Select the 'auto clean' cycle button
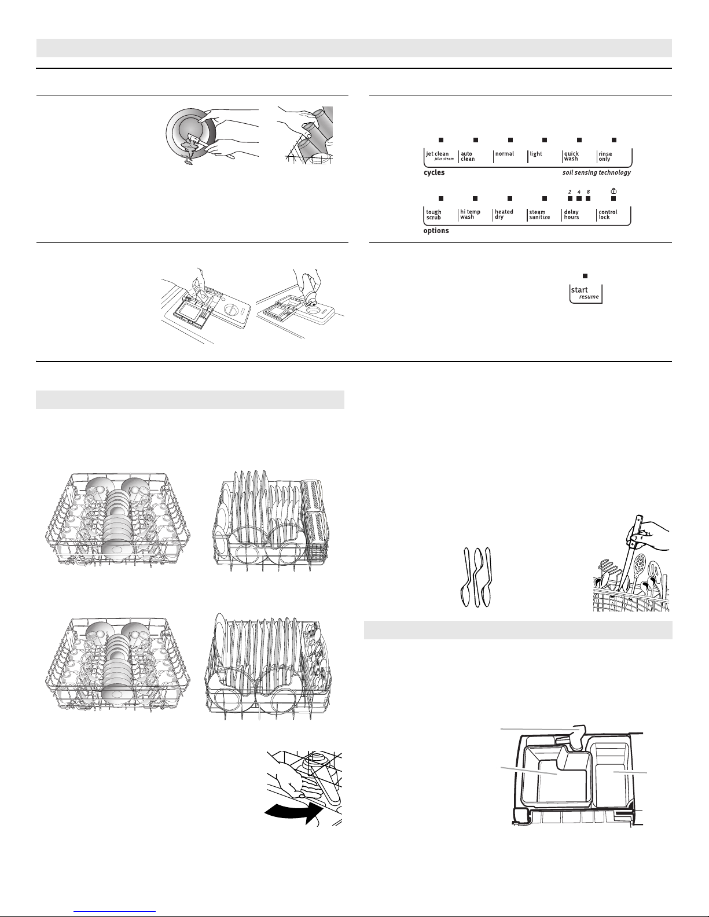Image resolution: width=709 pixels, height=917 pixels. [x=475, y=156]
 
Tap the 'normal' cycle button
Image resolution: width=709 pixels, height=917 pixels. [x=509, y=156]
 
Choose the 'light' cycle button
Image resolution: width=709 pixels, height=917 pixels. [x=544, y=156]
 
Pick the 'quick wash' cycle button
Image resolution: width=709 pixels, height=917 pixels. [x=579, y=156]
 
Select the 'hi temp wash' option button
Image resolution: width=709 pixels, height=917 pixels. [x=475, y=215]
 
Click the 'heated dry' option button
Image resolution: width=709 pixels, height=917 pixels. [x=509, y=215]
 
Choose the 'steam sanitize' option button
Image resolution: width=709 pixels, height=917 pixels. [x=544, y=215]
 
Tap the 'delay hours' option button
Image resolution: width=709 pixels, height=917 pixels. [x=579, y=215]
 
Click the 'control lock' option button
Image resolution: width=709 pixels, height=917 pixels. [x=614, y=215]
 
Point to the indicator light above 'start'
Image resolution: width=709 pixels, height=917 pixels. [x=585, y=276]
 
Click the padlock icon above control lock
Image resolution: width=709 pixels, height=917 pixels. [x=614, y=191]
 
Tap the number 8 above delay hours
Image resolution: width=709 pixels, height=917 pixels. [x=588, y=192]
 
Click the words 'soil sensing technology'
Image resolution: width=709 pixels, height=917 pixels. [x=596, y=172]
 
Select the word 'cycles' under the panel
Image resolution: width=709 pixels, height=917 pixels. [x=434, y=172]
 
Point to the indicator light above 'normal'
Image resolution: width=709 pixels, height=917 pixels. [x=510, y=140]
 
